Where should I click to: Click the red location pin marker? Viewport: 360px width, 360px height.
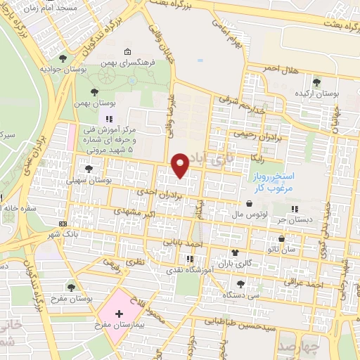click(x=181, y=165)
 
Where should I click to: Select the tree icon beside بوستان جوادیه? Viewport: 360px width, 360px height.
click(x=63, y=58)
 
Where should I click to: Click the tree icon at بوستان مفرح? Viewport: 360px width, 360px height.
click(x=70, y=286)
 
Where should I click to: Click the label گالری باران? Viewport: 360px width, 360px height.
click(x=216, y=263)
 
